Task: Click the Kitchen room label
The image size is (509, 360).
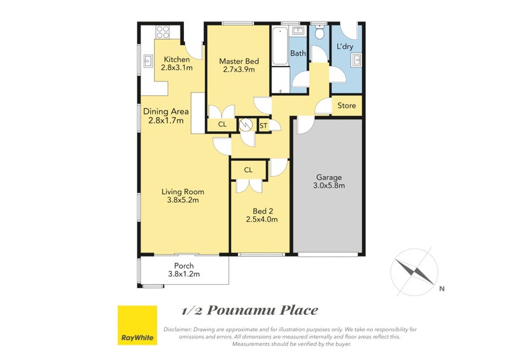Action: point(177,59)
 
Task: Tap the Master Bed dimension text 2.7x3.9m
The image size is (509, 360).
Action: point(239,69)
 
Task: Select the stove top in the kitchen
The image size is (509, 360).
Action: point(163,32)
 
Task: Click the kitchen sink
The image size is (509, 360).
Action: point(148,61)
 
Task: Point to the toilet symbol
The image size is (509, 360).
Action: point(320,32)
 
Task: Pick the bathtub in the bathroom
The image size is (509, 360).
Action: point(279,46)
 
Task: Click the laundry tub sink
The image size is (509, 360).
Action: point(356,60)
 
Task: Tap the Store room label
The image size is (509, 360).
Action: point(346,106)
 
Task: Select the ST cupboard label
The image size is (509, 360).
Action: point(263,125)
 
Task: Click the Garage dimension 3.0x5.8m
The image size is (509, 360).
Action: point(329,186)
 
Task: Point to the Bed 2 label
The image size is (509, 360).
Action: point(261,211)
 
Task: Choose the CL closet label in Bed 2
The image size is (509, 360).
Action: point(248,170)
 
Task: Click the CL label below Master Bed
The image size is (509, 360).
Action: point(222,124)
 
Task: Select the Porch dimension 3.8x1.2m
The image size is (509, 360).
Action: point(184,274)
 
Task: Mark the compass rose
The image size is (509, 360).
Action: point(414,272)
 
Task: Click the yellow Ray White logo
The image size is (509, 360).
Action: point(137,325)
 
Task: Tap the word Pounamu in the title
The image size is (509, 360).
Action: point(241,310)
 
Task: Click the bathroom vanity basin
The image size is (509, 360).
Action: point(298,31)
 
